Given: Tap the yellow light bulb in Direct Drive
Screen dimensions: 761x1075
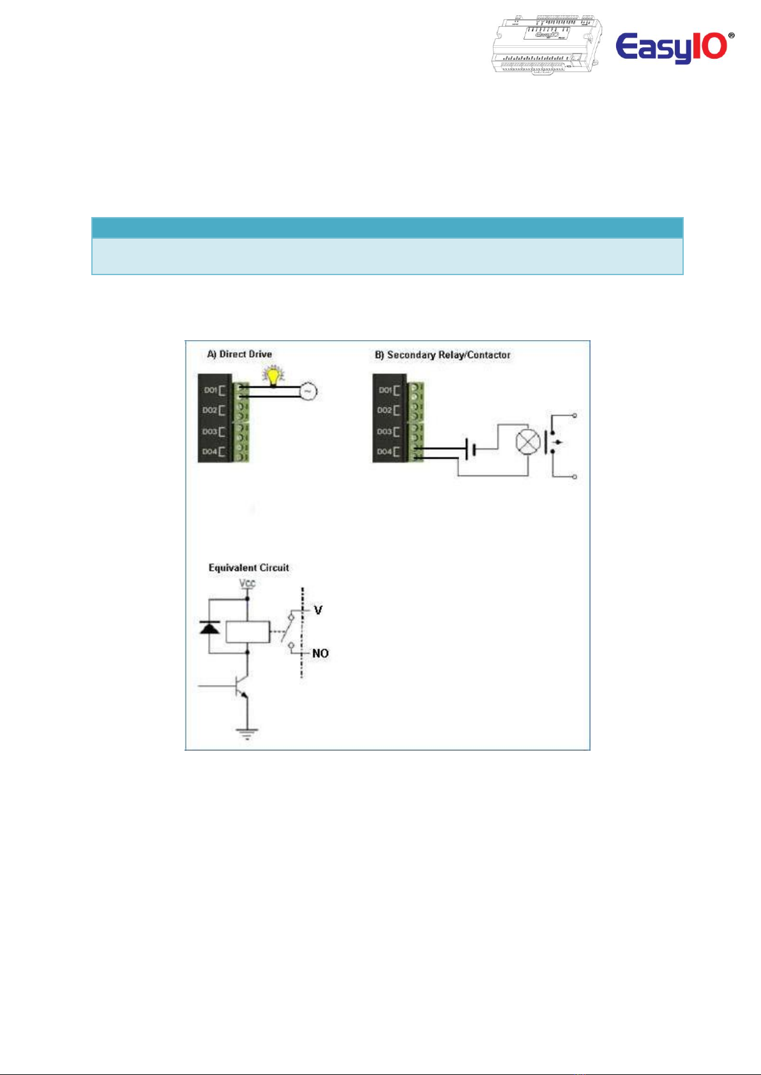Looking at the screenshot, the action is [x=275, y=376].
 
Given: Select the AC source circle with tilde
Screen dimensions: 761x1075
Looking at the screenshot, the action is [x=308, y=391].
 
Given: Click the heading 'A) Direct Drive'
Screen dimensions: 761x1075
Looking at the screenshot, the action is [x=239, y=354].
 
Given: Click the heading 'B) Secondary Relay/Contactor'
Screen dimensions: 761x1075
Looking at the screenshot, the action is [x=442, y=355].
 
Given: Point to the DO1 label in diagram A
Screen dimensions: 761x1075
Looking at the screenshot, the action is [x=211, y=390].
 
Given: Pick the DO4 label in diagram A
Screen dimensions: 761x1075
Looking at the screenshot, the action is [x=211, y=451].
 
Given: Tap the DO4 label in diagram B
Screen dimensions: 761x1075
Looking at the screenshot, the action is [x=385, y=451].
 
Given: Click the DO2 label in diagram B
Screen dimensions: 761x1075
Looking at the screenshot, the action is [x=385, y=410].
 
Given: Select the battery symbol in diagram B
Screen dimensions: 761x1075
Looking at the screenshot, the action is [x=471, y=449].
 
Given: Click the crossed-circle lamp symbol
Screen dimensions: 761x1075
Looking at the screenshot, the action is [x=527, y=442].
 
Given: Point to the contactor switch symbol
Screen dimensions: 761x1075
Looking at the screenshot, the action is [x=553, y=442].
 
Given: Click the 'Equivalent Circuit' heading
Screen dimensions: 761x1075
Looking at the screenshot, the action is [x=248, y=568].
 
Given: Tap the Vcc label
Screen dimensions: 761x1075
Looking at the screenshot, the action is [x=247, y=583].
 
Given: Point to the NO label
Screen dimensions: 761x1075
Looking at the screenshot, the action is [x=320, y=653].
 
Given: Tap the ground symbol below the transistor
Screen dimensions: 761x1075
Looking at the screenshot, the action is [x=247, y=733].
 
